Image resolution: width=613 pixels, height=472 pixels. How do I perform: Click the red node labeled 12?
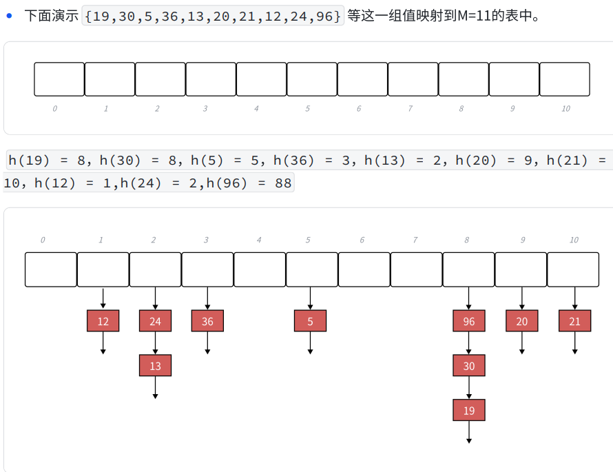[103, 321]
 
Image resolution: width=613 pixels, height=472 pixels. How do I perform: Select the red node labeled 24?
[155, 321]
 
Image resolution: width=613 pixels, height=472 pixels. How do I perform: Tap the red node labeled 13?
[155, 366]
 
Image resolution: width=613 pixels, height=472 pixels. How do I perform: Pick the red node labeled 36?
[207, 321]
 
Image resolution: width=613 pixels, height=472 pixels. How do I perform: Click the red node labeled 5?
[310, 321]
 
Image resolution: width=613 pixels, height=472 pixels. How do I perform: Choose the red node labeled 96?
[469, 321]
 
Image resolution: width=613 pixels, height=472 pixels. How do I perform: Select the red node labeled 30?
[469, 366]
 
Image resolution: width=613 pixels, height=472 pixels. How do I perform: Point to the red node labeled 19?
[469, 411]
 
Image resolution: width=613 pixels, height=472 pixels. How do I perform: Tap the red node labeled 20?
[521, 321]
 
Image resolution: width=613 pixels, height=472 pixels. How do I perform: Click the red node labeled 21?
[574, 321]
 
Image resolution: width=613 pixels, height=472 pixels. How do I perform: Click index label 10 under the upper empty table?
[565, 109]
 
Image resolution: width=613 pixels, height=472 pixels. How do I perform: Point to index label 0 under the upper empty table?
[55, 109]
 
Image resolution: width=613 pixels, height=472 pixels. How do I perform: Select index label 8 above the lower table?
[467, 240]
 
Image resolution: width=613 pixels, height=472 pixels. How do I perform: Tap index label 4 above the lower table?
[259, 240]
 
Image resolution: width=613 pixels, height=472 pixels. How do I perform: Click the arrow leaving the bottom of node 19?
[469, 432]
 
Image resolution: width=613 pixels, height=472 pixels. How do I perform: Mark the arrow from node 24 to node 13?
[155, 343]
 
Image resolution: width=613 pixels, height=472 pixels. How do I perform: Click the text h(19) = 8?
[49, 161]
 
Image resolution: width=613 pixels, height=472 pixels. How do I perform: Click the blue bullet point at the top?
[10, 15]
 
